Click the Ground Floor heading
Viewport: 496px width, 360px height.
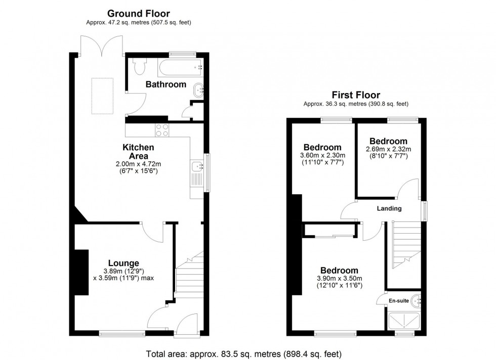click(x=138, y=14)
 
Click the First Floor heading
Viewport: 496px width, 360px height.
click(x=355, y=95)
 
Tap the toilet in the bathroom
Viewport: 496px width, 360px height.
click(x=139, y=65)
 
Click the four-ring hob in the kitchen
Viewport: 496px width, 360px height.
click(x=163, y=130)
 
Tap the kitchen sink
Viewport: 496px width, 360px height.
click(x=197, y=166)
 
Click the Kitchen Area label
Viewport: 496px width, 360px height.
click(x=138, y=152)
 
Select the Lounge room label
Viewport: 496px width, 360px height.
click(x=123, y=263)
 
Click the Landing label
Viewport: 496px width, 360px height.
click(x=389, y=208)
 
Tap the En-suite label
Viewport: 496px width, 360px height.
click(x=398, y=301)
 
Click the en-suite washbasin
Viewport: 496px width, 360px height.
click(x=417, y=301)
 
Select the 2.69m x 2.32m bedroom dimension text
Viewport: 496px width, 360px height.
click(x=388, y=149)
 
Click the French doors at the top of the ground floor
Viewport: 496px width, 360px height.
click(x=102, y=46)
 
